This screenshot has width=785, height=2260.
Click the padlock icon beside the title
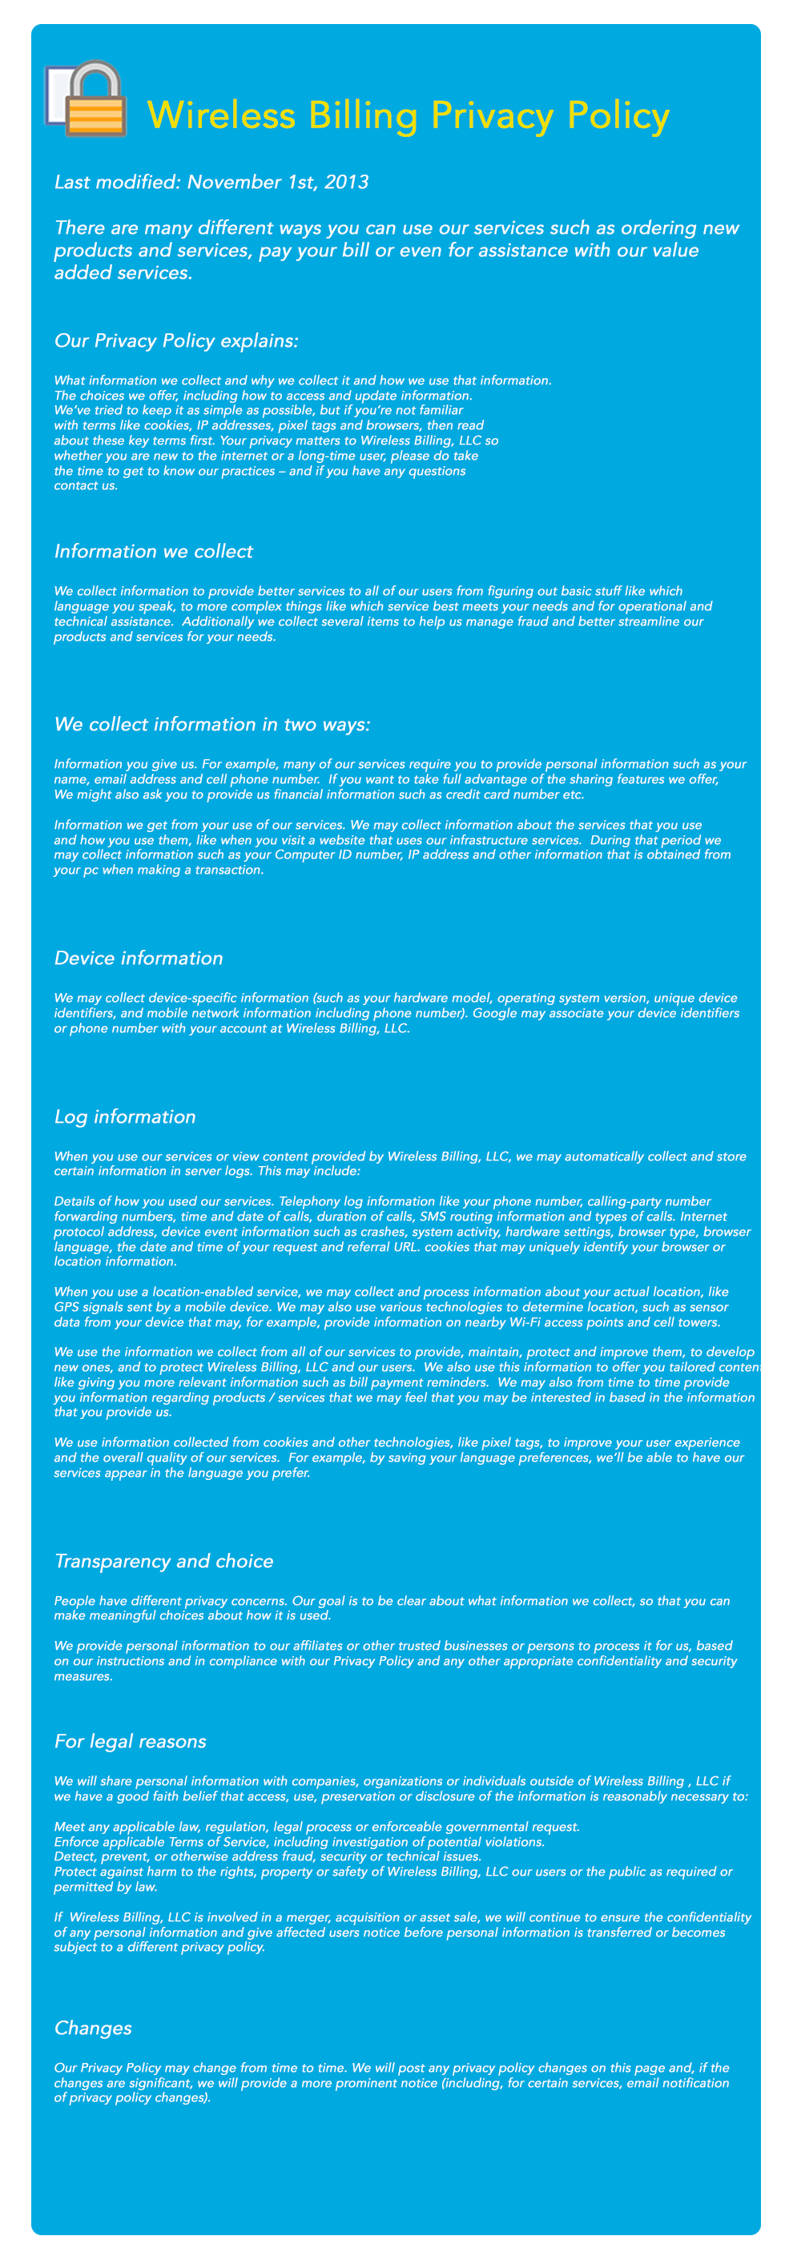[87, 99]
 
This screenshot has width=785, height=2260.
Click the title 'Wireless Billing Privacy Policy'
[408, 116]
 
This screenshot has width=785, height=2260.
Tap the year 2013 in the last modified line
[347, 183]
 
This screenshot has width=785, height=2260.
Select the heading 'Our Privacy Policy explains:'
[176, 340]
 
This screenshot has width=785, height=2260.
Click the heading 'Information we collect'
[154, 551]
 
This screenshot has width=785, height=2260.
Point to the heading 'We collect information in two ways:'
[212, 724]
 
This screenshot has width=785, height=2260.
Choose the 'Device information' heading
[139, 958]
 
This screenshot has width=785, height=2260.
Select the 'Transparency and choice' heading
[164, 1561]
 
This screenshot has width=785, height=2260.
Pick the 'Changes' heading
[93, 2028]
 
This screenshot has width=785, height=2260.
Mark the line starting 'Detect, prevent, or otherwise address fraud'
[268, 1856]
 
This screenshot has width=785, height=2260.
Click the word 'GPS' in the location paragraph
[66, 1307]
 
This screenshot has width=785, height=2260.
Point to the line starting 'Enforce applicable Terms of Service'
[299, 1841]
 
